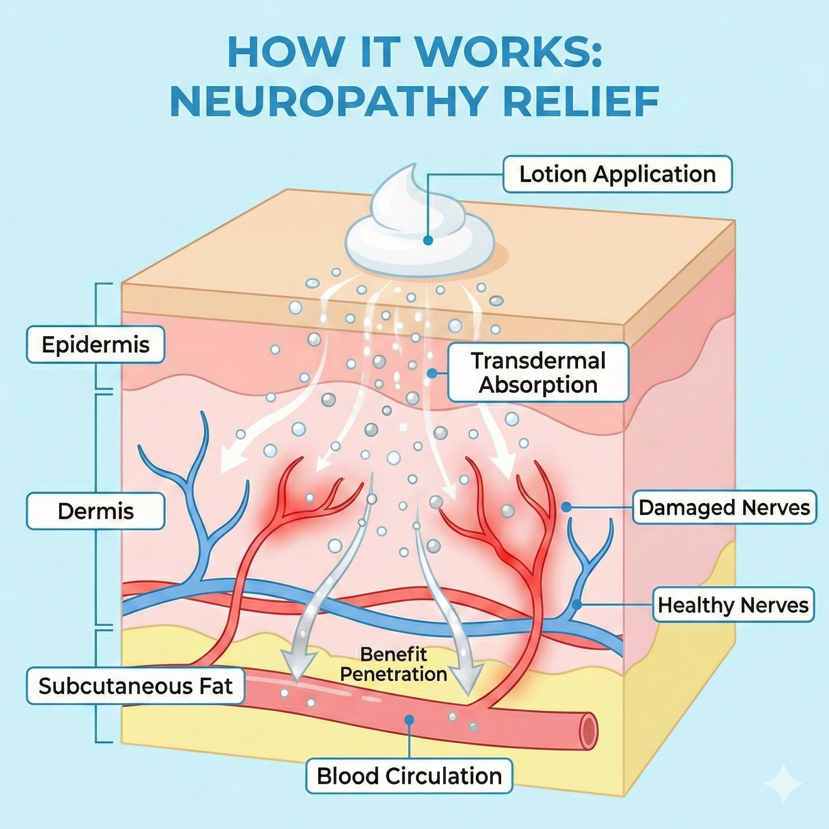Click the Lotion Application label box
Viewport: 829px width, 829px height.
coord(617,174)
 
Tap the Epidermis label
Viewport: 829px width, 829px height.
coord(96,344)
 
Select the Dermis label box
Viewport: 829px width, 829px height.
coord(96,511)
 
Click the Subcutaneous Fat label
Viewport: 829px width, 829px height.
coord(135,686)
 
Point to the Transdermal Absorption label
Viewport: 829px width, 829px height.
coord(538,372)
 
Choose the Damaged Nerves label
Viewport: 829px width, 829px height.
coord(724,507)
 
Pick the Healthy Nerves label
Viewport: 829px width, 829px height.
coord(733,605)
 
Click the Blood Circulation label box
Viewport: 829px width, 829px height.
coord(409,776)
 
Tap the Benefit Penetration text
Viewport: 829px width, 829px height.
coord(393,664)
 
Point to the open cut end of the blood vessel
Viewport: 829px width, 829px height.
coord(589,731)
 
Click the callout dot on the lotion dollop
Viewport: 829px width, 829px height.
coord(428,240)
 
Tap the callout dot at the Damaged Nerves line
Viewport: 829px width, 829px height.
coord(565,507)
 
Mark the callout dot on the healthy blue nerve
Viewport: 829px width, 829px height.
coord(576,605)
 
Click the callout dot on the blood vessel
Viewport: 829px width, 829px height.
coord(409,720)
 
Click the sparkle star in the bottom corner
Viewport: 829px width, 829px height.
coord(783,783)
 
